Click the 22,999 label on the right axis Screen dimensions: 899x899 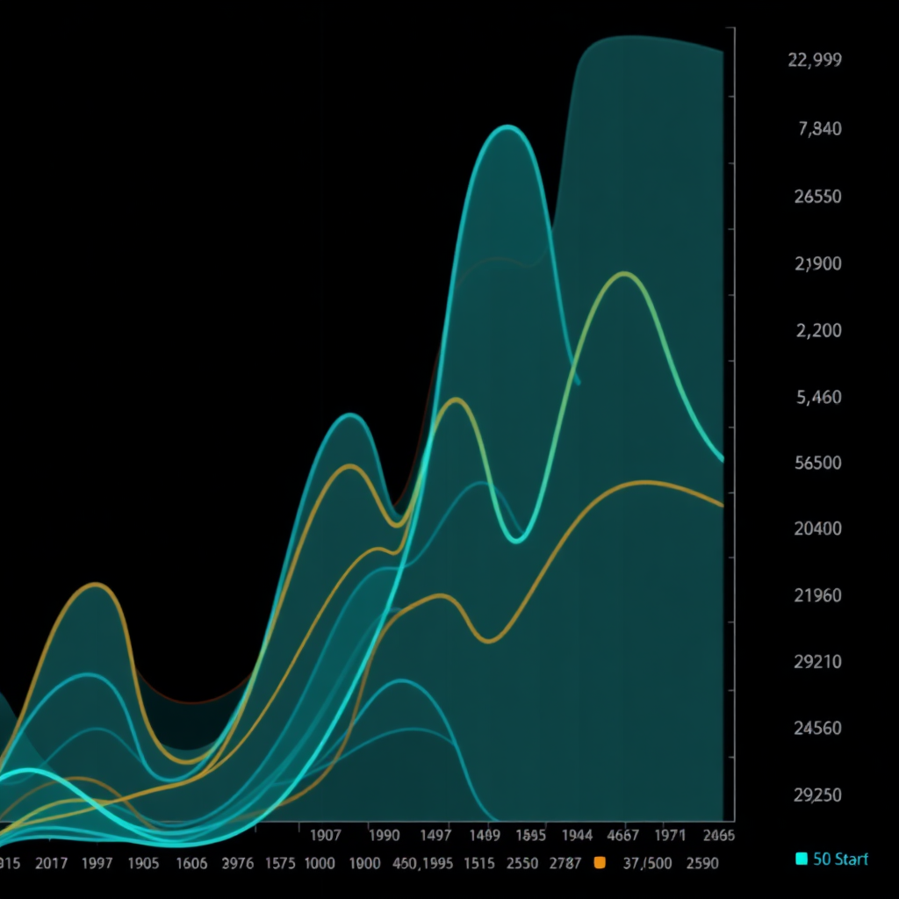816,60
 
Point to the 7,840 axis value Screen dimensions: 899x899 819,129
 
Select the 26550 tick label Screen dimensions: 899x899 817,196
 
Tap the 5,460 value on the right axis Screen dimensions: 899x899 818,397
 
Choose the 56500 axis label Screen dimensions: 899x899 817,463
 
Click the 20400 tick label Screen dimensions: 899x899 817,529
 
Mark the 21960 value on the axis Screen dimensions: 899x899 817,595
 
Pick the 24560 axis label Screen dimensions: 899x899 817,728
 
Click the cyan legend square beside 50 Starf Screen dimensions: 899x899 800,859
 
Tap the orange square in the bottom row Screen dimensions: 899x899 601,863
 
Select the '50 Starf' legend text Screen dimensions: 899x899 840,859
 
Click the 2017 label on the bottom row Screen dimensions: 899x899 53,863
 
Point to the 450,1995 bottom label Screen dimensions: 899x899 423,863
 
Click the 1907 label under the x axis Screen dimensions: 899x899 326,835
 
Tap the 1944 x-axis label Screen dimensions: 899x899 576,835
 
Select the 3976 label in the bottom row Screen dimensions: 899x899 238,863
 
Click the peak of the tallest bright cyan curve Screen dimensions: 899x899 506,127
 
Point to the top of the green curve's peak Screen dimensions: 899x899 623,273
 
